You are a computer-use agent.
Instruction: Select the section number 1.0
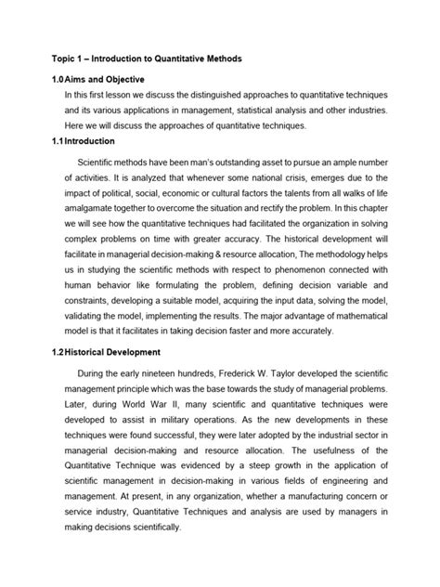(x=38, y=80)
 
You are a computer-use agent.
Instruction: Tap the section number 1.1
(x=38, y=141)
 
